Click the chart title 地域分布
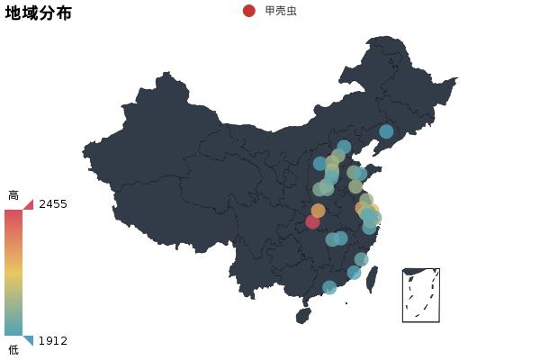[x=39, y=13]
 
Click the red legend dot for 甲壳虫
[x=249, y=11]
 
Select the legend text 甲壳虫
[x=280, y=11]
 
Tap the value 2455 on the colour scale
[x=53, y=204]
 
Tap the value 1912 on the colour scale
[x=53, y=341]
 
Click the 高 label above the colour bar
[x=13, y=195]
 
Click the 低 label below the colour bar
[x=13, y=349]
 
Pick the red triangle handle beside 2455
[x=29, y=204]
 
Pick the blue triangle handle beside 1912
[x=29, y=340]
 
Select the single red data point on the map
[x=312, y=221]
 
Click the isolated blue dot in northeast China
[x=386, y=131]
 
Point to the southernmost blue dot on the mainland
[x=329, y=287]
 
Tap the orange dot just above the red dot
[x=318, y=211]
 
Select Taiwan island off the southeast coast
[x=372, y=279]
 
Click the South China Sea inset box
[x=421, y=294]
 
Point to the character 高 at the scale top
[x=13, y=195]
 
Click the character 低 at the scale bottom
[x=13, y=349]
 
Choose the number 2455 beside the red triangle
[x=53, y=204]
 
